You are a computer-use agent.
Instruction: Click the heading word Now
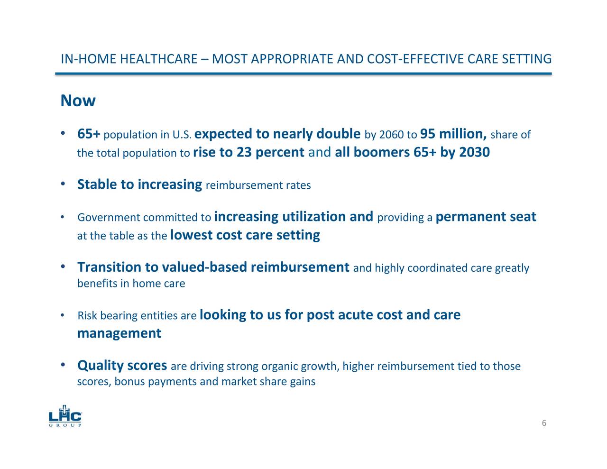pos(78,101)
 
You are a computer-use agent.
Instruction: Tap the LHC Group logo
pos(65,417)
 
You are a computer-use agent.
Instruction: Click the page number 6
pos(544,423)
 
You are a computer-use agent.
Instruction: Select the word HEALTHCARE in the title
pos(158,59)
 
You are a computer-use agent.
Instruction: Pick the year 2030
pos(474,153)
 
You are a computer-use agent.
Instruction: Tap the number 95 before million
pos(428,134)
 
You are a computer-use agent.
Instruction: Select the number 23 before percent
pos(244,153)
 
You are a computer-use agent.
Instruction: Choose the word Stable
pos(98,184)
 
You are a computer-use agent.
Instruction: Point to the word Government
pos(109,218)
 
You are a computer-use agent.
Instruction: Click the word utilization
pos(314,217)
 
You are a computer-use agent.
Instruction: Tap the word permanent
pos(470,217)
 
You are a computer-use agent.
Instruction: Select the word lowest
pos(191,235)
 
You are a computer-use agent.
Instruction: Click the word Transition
pos(110,267)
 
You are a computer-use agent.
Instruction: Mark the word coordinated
pos(437,268)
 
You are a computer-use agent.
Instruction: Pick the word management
pos(119,333)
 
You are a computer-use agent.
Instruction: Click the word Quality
pos(100,366)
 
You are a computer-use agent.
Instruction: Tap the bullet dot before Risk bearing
pos(63,316)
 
